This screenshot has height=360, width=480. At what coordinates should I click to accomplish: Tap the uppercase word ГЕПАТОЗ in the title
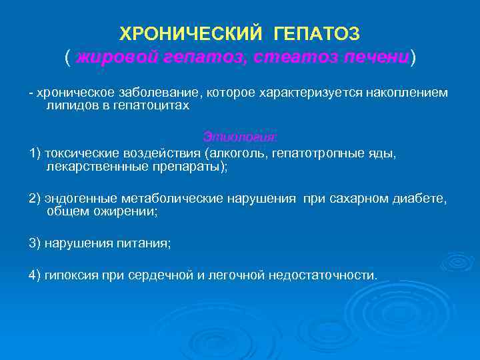point(321,33)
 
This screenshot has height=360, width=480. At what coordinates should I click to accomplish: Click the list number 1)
point(35,153)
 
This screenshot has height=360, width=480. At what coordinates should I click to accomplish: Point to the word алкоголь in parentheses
point(235,153)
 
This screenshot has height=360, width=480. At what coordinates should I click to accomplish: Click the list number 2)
point(35,199)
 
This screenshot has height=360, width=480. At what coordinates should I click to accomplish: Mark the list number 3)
point(35,244)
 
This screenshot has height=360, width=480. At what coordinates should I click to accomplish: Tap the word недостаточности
point(323,275)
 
